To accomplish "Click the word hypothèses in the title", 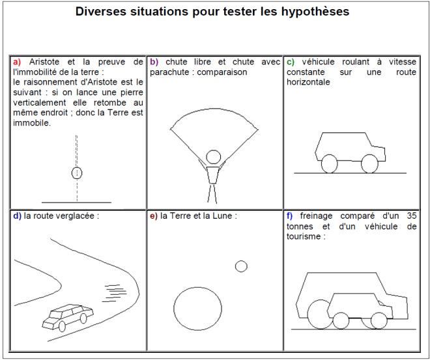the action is tap(315, 12).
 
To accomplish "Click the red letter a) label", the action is tap(17, 62).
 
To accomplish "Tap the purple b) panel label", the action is tap(154, 62).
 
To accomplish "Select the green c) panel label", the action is tap(291, 62).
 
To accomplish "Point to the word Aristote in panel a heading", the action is tap(44, 62).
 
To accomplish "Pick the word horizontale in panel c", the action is tap(308, 82).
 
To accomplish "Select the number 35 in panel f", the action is tap(412, 216).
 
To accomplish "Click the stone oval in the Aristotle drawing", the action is tap(77, 173).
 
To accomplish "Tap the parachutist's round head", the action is tap(213, 157).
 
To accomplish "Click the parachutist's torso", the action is tap(213, 175).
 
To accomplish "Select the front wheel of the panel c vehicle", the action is tap(369, 164).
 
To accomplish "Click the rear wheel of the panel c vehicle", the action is tap(329, 164).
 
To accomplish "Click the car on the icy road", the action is tap(68, 317).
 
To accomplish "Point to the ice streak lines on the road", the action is tap(115, 293).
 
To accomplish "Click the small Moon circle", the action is tap(241, 266).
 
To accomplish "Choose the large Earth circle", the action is tap(197, 309).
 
